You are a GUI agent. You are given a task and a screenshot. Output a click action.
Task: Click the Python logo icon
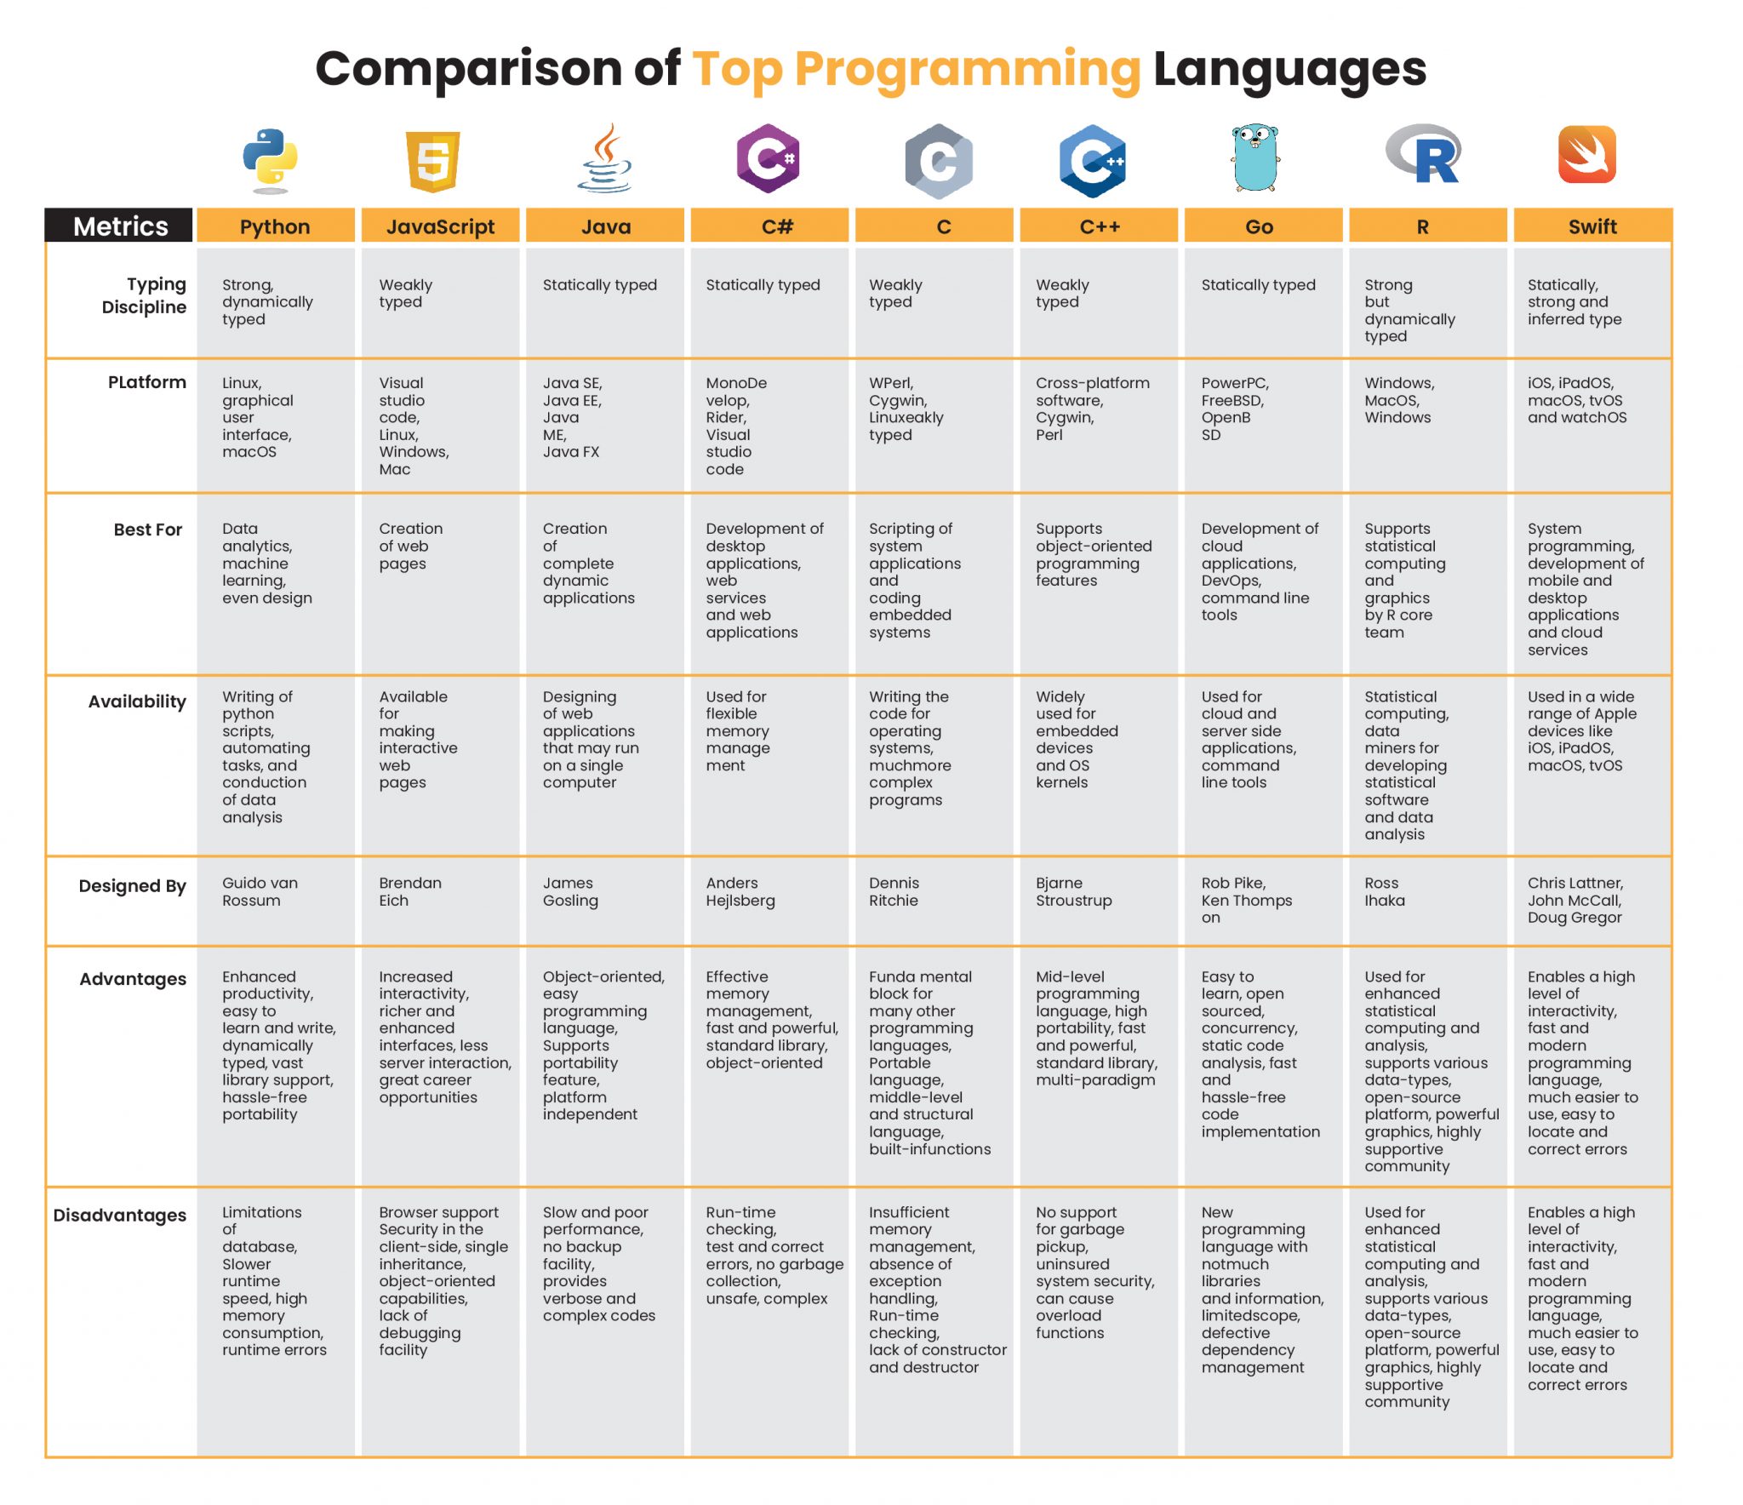(270, 161)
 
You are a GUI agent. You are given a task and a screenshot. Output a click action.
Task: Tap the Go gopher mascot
(1255, 157)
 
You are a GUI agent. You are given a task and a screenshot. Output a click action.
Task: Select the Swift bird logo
(1587, 155)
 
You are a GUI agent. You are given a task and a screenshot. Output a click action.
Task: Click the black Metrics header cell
(120, 226)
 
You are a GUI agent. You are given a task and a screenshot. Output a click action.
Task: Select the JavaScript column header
(440, 226)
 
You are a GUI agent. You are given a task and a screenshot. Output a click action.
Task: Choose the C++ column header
(1099, 226)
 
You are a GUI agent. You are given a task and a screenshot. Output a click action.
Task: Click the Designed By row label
(132, 886)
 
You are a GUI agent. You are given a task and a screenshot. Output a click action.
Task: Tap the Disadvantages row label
(119, 1215)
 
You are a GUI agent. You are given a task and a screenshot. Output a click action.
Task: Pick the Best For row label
(147, 529)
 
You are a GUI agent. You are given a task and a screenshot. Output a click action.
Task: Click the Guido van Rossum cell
(260, 892)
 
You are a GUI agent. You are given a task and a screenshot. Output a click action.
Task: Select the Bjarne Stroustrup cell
(1073, 892)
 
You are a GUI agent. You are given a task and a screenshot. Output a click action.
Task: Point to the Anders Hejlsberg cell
(740, 892)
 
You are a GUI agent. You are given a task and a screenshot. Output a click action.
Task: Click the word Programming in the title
(967, 70)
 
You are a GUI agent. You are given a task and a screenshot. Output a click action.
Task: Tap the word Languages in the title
(1289, 70)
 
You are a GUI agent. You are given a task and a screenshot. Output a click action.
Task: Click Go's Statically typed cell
(1258, 285)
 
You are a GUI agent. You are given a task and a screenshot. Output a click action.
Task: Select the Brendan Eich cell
(410, 892)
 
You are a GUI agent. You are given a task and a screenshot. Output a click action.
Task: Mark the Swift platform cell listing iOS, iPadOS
(1576, 400)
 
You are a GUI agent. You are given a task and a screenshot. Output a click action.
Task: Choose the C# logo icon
(769, 158)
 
